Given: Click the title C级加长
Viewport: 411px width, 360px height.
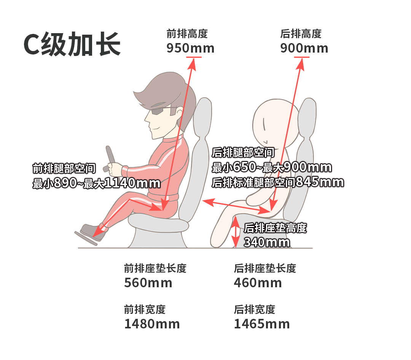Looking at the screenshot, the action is tap(72, 44).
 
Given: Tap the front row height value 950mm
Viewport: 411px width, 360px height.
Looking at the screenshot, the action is tap(190, 48).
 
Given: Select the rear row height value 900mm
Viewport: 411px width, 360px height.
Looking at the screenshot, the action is tap(304, 48).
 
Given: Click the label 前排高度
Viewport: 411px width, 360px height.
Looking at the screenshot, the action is tap(187, 34).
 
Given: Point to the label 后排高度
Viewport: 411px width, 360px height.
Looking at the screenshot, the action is tap(301, 34).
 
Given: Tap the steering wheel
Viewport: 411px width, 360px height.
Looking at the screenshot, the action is tap(110, 158).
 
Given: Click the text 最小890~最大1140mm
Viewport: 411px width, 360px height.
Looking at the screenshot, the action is tap(96, 183).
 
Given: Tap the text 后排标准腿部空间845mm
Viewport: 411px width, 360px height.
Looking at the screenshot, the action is tap(278, 182).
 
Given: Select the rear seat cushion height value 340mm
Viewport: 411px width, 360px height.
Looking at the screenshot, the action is tap(267, 242).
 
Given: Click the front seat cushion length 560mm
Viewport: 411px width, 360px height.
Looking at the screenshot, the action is tap(148, 283).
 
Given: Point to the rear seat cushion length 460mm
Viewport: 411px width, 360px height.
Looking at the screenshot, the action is tap(258, 283).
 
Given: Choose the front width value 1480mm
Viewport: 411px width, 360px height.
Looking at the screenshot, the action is tap(152, 324).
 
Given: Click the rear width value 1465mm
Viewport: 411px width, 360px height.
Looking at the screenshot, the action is tap(262, 324).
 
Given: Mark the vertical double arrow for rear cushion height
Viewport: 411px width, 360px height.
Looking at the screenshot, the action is tap(236, 232).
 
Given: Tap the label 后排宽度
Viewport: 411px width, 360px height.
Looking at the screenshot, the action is tap(255, 310).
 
